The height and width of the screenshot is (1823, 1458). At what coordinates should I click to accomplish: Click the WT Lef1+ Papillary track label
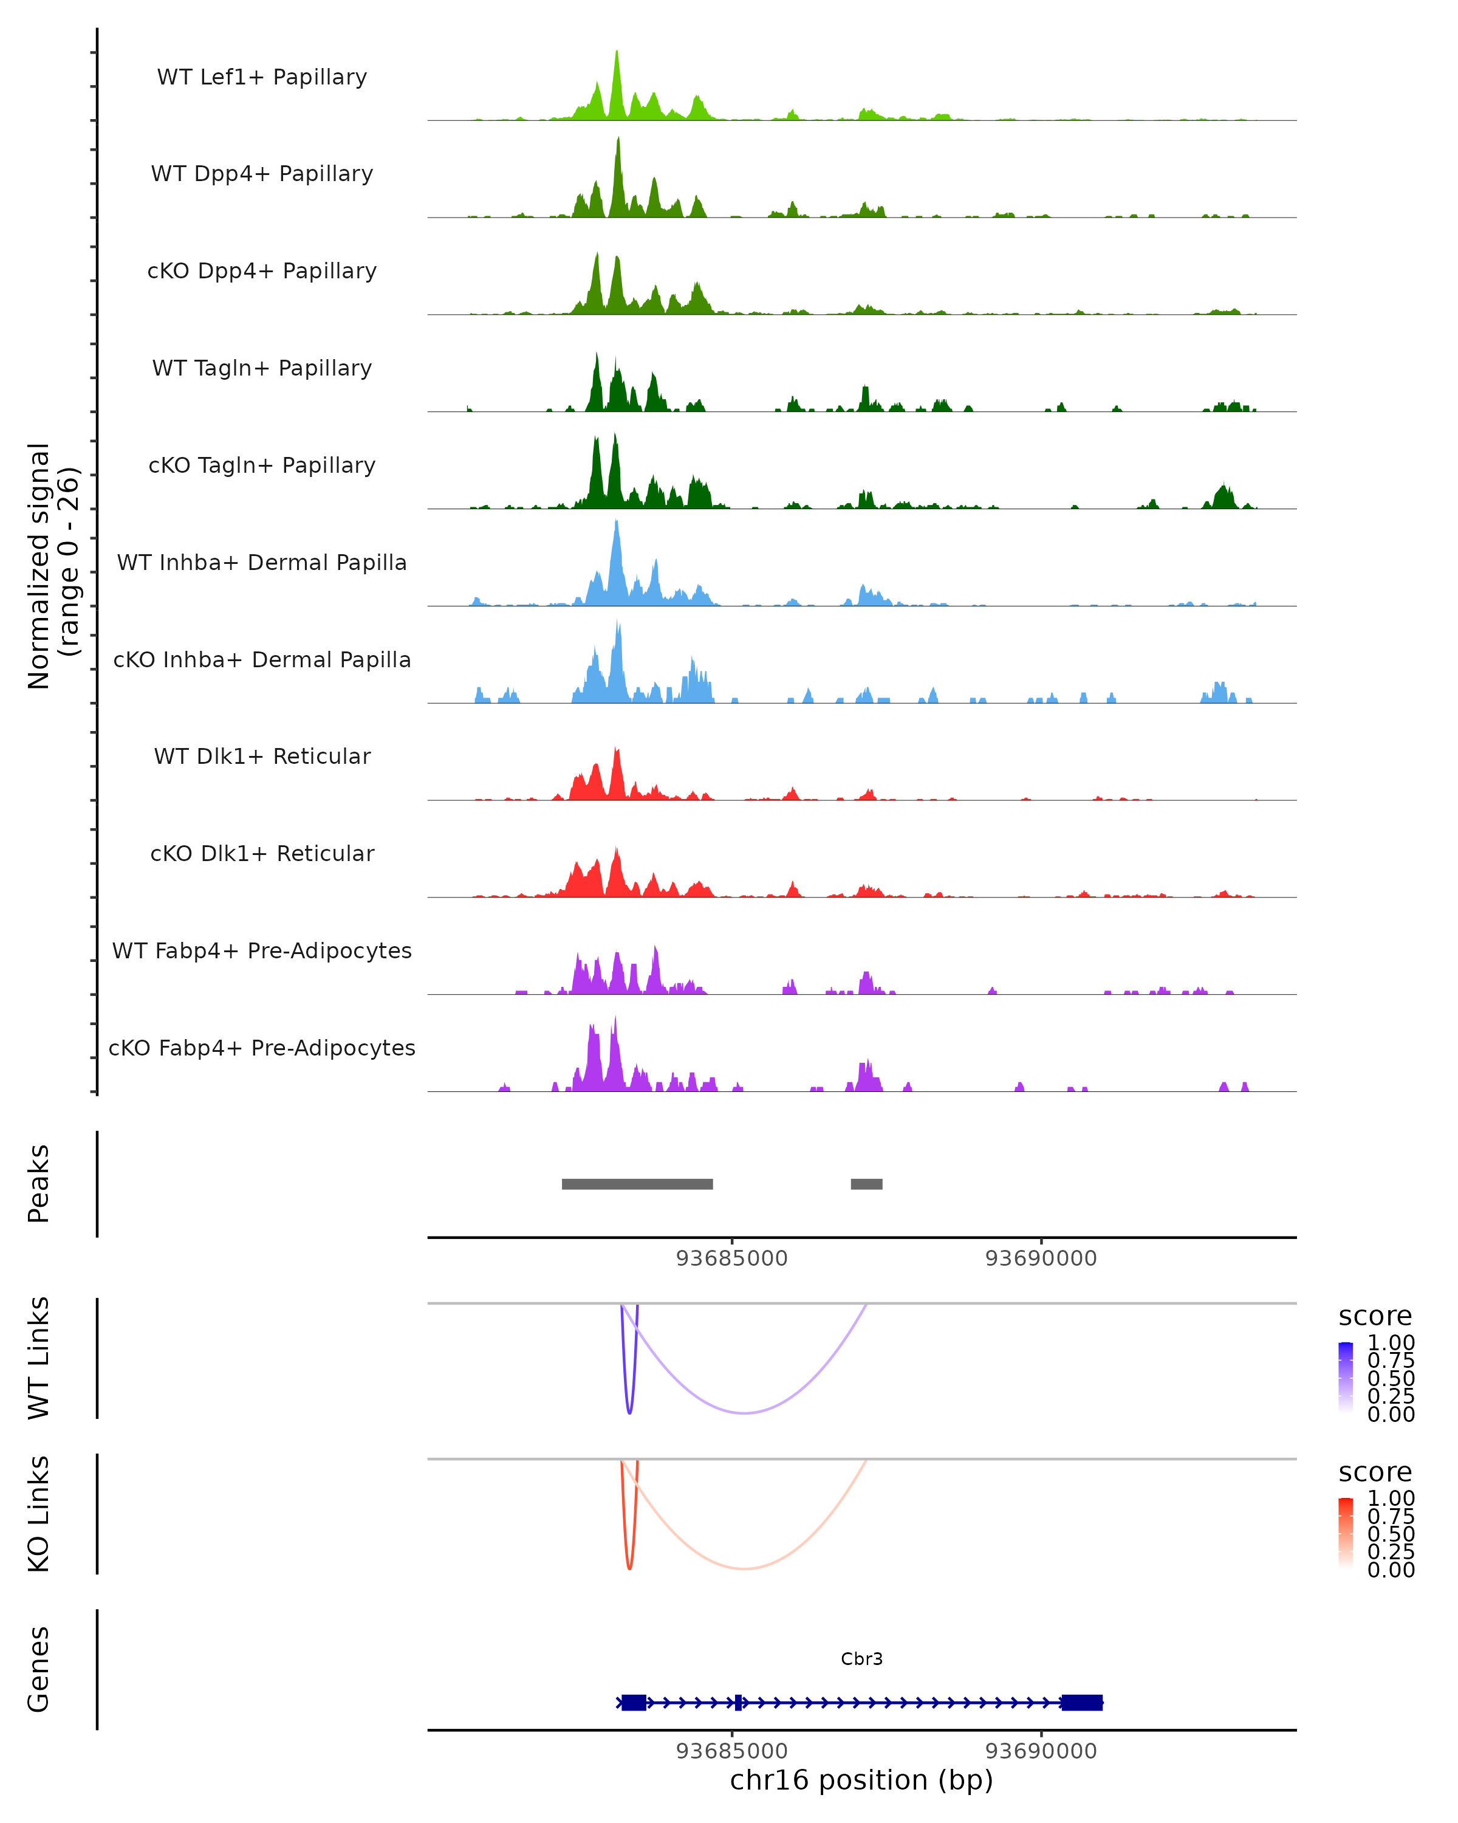coord(262,77)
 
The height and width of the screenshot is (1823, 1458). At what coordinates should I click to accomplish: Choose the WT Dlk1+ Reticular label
coord(262,756)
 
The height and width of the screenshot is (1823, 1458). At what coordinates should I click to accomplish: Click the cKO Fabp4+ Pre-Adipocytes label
coord(262,1048)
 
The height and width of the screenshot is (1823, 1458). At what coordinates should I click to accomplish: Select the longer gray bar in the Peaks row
coord(637,1184)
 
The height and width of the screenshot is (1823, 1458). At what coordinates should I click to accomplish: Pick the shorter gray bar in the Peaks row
coord(866,1184)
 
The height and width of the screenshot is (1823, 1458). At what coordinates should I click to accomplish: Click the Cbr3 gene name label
coord(861,1659)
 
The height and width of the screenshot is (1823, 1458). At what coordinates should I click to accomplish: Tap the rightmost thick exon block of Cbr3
coord(1082,1702)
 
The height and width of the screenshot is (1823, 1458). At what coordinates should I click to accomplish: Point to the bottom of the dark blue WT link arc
coord(629,1412)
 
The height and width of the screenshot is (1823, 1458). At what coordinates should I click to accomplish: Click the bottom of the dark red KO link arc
coord(629,1568)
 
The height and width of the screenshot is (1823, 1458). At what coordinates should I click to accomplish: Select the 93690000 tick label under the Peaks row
coord(1041,1258)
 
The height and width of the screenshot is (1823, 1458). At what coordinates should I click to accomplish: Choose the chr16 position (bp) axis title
coord(861,1780)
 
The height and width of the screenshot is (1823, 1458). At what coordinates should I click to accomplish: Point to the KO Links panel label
coord(39,1514)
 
